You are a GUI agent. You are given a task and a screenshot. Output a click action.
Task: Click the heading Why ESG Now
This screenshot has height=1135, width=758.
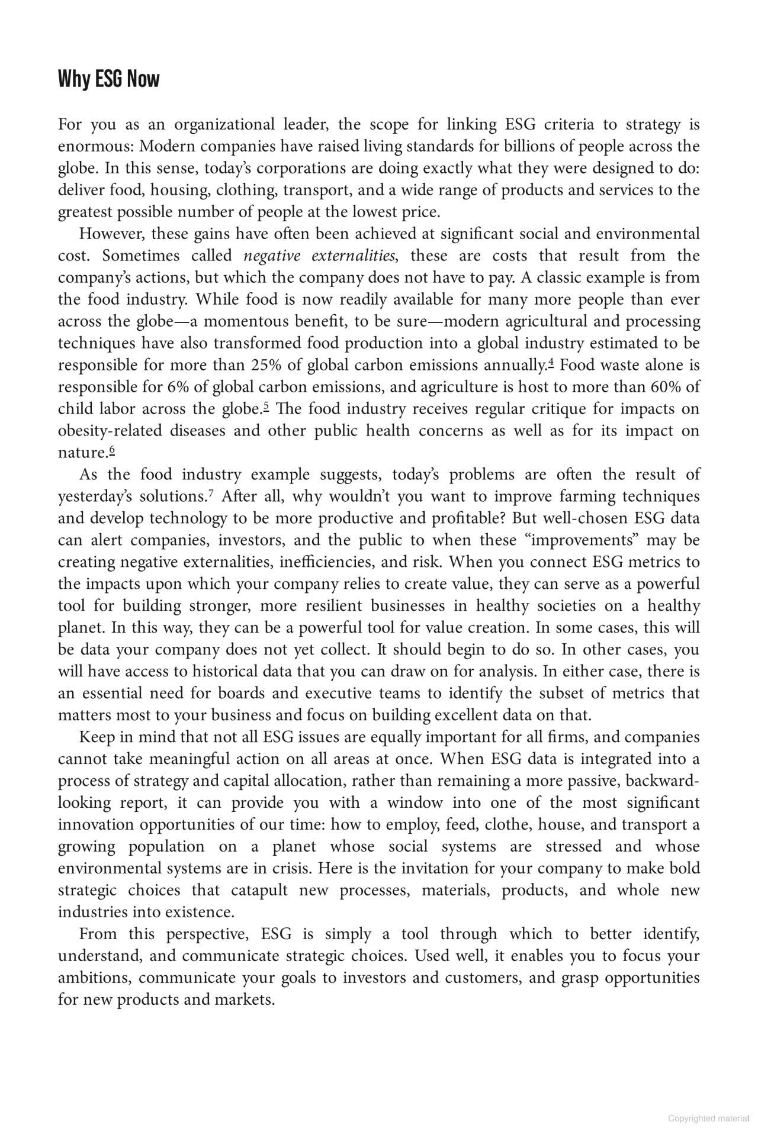point(108,79)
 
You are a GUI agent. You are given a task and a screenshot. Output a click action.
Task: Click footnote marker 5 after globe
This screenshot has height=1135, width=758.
point(266,407)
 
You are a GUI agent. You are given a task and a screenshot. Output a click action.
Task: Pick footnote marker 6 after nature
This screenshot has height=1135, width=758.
point(112,450)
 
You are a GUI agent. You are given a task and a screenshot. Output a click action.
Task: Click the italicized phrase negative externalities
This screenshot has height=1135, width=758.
point(319,256)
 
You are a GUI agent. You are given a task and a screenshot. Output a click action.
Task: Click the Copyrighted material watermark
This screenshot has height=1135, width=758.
point(708,1118)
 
